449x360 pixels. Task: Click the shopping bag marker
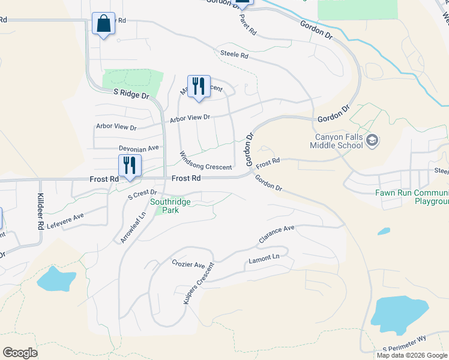click(104, 24)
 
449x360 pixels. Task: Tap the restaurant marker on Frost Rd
click(130, 166)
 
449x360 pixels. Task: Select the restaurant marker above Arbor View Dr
click(199, 86)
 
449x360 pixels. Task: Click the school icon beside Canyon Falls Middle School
click(372, 141)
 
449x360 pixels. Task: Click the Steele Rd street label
click(235, 55)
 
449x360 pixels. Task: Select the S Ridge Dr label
click(131, 95)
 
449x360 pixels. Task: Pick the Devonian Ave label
click(139, 148)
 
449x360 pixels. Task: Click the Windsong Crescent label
click(205, 160)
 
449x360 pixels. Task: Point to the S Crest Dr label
click(142, 194)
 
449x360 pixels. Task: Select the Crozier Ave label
click(188, 265)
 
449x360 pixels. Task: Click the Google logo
click(20, 353)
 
